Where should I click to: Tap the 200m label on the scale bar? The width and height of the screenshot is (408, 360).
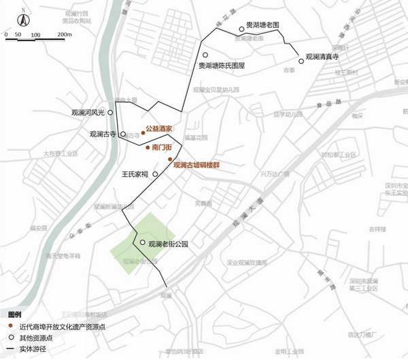coord(56,34)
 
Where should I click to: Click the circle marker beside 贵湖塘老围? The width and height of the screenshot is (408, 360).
coord(241,29)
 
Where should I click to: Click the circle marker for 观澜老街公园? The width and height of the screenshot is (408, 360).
coord(141,243)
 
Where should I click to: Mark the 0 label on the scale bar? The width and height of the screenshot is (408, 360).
coord(7,34)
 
